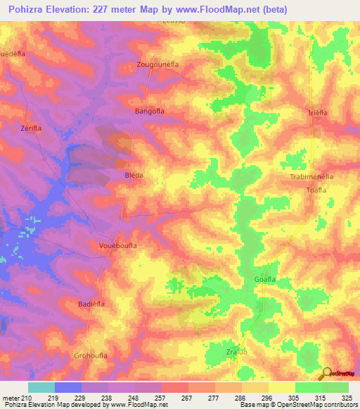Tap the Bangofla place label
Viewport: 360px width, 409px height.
point(149,111)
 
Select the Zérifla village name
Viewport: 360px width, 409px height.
point(32,129)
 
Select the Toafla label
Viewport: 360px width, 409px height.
point(318,190)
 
